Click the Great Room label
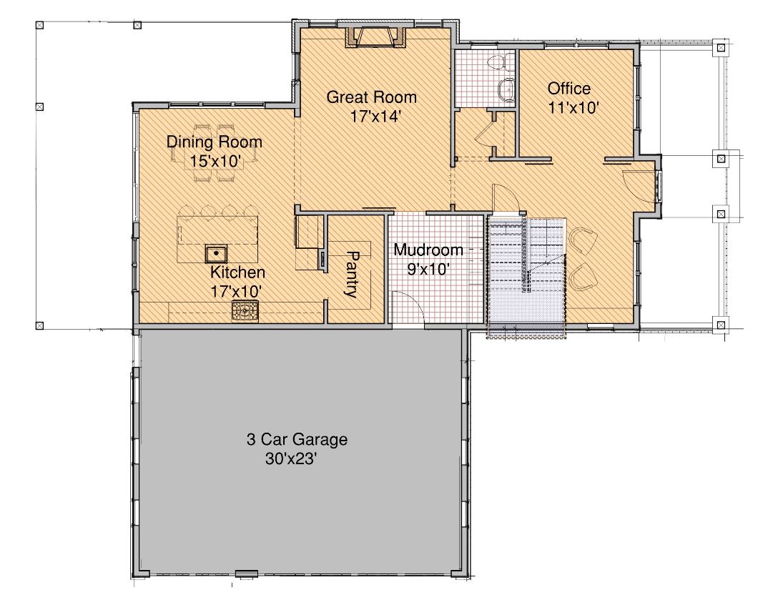coord(371,97)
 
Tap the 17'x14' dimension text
coord(375,117)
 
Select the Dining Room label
coord(215,142)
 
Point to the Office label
coord(569,89)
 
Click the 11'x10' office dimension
coord(574,108)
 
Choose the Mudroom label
coord(429,250)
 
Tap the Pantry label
coord(352,274)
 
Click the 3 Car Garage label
coord(297,440)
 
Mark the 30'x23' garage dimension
coord(291,459)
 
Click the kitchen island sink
coord(217,254)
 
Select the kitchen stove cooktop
coord(245,311)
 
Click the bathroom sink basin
coord(507,90)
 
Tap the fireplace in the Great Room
coord(376,37)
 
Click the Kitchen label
coord(237,272)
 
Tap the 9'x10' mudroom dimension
coord(429,270)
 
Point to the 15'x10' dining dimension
coord(216,162)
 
